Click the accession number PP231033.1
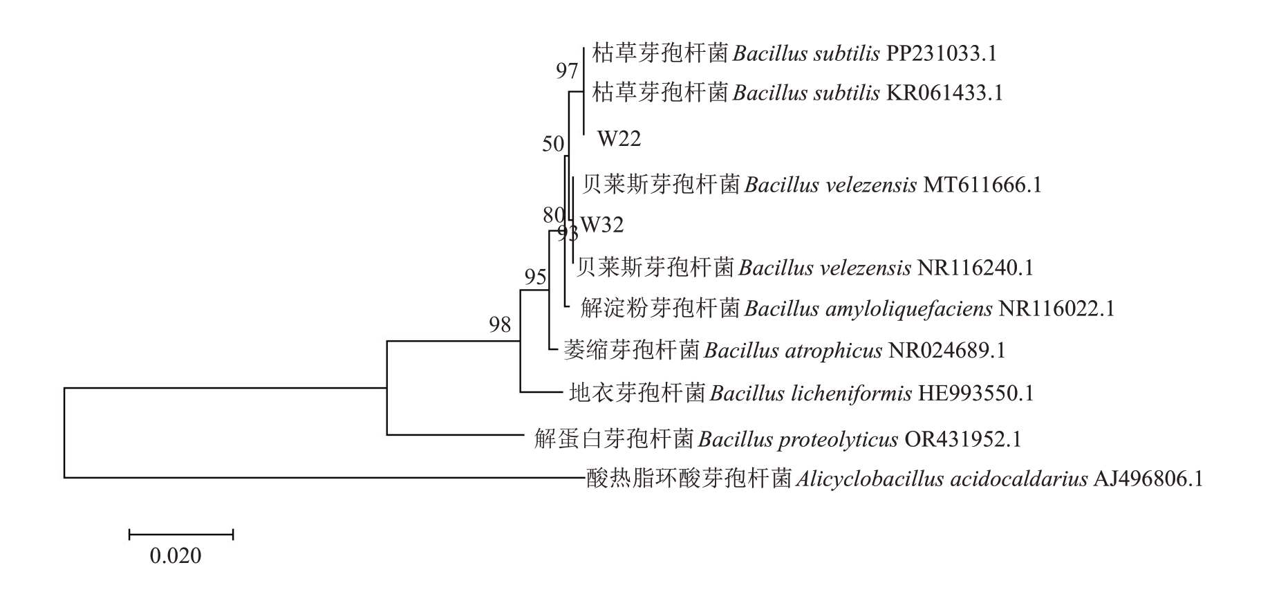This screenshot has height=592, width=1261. [941, 53]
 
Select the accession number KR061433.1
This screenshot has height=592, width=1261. [944, 93]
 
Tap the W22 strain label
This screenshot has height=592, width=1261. [619, 139]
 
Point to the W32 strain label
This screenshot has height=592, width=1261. [602, 225]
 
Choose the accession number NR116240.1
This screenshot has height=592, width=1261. [975, 268]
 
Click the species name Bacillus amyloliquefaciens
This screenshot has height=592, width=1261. [868, 308]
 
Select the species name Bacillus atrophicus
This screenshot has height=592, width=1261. [793, 351]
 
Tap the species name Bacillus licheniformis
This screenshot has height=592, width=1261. [810, 394]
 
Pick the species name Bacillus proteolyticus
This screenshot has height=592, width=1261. [798, 439]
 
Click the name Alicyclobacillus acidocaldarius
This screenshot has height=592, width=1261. [942, 479]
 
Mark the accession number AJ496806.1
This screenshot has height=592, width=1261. [1148, 479]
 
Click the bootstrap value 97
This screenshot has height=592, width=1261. [567, 71]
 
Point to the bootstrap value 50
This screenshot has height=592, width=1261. [553, 145]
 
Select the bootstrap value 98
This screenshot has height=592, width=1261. [500, 324]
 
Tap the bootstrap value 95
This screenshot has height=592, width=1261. [535, 278]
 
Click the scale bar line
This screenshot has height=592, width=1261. [181, 534]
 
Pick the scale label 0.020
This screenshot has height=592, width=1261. [176, 556]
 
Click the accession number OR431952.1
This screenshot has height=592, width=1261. [962, 439]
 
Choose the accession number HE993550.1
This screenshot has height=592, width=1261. [975, 394]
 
